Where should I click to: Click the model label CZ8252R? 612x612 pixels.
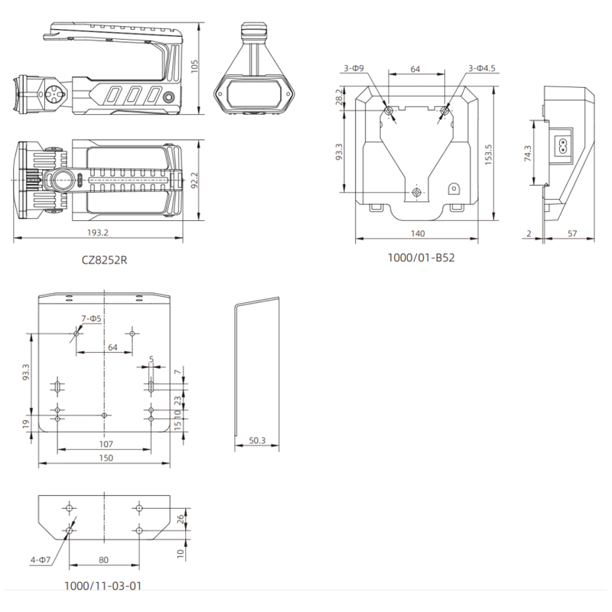coord(104,260)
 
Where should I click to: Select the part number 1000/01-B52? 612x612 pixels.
coord(421,258)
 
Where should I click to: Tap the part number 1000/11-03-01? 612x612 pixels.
coord(103,585)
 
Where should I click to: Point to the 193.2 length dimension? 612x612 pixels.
coord(98,233)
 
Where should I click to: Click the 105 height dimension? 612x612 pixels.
coord(194,66)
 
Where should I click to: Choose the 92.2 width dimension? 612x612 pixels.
coord(194,181)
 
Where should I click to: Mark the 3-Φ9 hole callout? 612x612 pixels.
coord(353,68)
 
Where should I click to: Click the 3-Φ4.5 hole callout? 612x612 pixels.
coord(482,68)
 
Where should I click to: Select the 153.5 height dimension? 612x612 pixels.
coord(488,155)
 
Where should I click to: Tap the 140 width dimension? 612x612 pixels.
coord(418,233)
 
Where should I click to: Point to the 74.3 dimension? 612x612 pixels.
coord(528,154)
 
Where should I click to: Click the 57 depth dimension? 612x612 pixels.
coord(572,233)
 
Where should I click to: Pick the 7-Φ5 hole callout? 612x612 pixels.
coord(91,318)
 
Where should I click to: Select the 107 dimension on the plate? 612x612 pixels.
coord(106,444)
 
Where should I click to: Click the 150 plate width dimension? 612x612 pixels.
coord(106,457)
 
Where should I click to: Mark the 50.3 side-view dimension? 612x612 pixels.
coord(257,441)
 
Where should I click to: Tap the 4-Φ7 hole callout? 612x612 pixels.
coord(41,560)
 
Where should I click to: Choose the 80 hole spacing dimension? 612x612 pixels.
coord(103,560)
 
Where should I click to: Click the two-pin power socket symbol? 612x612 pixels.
coord(563,145)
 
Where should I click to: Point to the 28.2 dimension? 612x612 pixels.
coord(339,96)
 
